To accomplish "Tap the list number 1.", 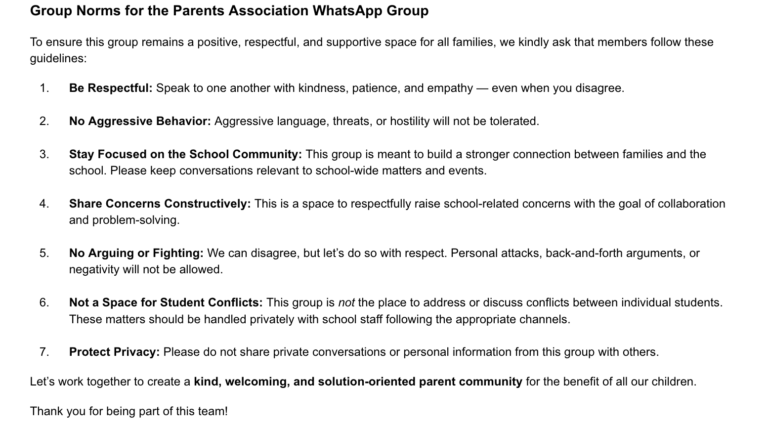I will click(x=44, y=88).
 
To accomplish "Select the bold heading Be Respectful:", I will click(x=111, y=88).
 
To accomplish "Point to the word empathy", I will click(x=450, y=88).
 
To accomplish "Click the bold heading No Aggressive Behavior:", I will click(x=140, y=121).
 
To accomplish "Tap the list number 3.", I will click(x=44, y=154).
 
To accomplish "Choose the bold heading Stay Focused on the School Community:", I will click(x=185, y=154).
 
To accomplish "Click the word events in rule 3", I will click(x=469, y=171).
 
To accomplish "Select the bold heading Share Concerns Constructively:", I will click(x=160, y=204).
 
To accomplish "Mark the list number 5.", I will click(x=44, y=253).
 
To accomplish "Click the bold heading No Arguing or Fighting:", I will click(x=136, y=253).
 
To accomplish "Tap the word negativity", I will click(x=93, y=269).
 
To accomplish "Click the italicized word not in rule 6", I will click(x=346, y=302).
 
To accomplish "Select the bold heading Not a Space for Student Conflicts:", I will click(x=166, y=302).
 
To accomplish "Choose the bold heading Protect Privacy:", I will click(x=114, y=352).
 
